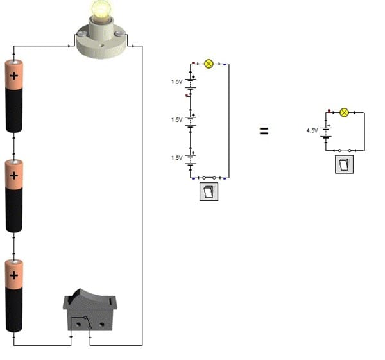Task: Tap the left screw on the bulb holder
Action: click(81, 33)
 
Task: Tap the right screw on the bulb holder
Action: click(120, 33)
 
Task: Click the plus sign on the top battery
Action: click(14, 76)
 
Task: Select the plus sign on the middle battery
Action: click(14, 175)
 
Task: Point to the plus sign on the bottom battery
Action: click(14, 275)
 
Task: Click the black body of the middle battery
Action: click(14, 210)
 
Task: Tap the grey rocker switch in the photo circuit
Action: click(90, 310)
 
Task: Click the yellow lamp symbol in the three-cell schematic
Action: click(209, 64)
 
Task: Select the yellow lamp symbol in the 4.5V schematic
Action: click(344, 112)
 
